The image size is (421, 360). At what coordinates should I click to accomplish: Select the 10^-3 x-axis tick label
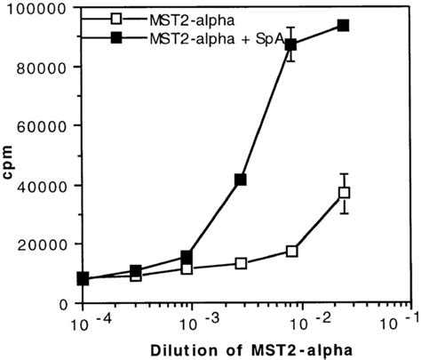point(192,322)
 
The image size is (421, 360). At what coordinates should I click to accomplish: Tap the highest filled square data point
point(343,25)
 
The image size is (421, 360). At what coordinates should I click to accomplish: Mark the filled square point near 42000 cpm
point(240,180)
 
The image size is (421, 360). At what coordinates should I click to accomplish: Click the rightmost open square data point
point(344,193)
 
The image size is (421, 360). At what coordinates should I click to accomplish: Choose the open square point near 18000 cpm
point(291,251)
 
